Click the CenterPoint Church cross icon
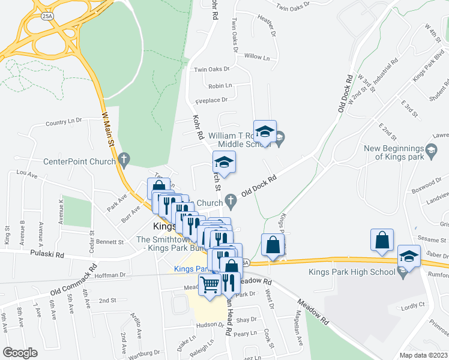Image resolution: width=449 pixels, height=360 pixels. tap(124, 160)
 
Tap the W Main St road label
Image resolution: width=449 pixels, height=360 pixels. tap(107, 129)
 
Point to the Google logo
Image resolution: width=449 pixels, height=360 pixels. tap(20, 352)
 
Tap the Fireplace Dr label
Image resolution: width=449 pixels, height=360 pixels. tap(211, 100)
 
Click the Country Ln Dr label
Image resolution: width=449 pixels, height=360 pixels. tap(63, 122)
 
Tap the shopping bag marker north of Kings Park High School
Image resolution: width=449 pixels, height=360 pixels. tap(382, 240)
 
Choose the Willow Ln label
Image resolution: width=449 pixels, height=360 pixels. tap(257, 56)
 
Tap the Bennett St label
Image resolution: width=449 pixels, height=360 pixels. tap(109, 242)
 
